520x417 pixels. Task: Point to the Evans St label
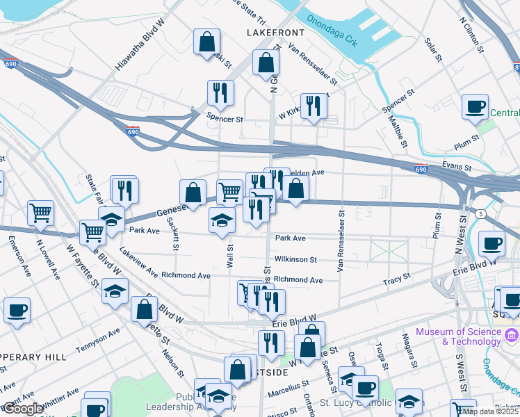click(457, 167)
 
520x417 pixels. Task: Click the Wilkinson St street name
click(295, 259)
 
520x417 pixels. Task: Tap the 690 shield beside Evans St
click(419, 167)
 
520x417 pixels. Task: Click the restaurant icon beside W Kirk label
click(313, 106)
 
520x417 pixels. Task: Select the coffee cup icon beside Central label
click(476, 107)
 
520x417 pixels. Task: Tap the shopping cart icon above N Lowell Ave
click(41, 213)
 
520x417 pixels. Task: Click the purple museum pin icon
click(512, 336)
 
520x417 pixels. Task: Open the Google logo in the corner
click(23, 409)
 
